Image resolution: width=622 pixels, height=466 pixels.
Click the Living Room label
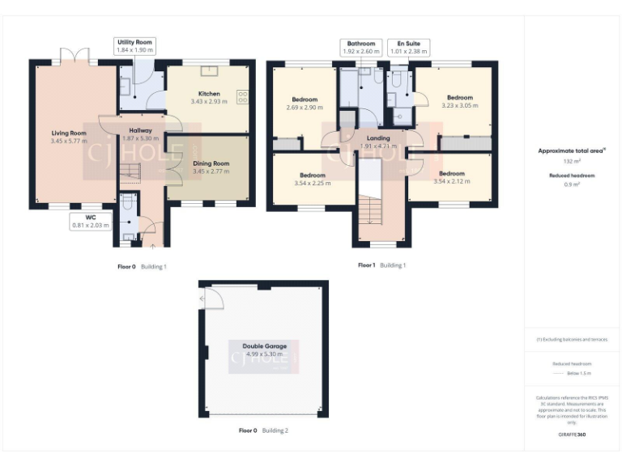point(67,133)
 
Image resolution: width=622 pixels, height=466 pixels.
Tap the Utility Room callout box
point(134,46)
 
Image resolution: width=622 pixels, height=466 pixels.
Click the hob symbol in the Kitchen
point(242,97)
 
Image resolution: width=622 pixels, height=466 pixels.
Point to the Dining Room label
point(209,163)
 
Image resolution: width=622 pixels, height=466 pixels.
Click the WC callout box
point(89,222)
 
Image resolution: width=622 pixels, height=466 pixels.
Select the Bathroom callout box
point(361,47)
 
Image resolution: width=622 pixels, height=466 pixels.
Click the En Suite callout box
point(407,47)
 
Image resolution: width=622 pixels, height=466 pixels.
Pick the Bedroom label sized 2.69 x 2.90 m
point(305,100)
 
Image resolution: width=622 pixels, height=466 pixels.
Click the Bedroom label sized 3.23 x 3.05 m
point(459,98)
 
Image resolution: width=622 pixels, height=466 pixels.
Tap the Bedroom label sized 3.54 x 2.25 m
point(313,176)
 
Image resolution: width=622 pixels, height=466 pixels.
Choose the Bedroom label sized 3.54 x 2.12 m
point(451,174)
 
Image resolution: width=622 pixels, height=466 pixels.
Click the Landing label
point(378,138)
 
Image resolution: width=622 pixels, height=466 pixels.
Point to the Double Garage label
point(264,346)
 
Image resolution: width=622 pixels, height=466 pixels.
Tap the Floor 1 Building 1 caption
point(381,265)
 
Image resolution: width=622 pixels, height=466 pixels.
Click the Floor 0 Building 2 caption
point(263,430)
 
